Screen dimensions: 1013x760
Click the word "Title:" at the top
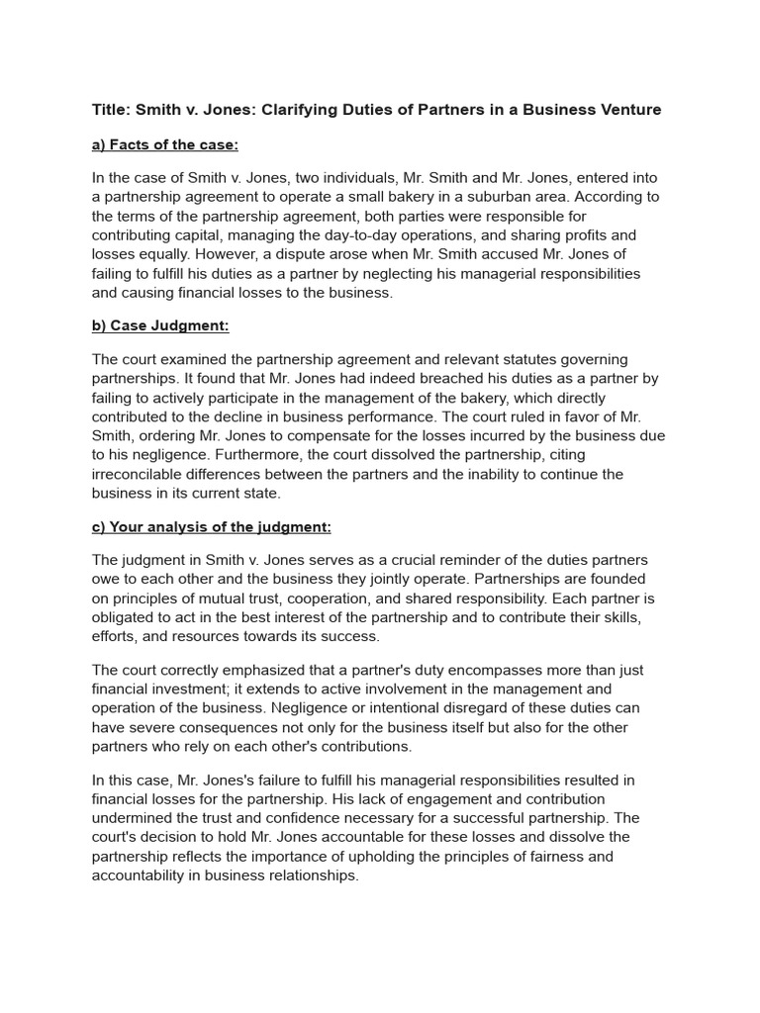point(110,110)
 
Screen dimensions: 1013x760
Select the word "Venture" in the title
point(626,110)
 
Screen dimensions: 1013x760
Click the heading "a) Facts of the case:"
point(165,145)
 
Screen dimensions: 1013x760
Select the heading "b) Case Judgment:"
point(160,325)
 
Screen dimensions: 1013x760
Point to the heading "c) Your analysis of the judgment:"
point(212,526)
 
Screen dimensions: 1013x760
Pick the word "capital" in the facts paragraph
point(198,235)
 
